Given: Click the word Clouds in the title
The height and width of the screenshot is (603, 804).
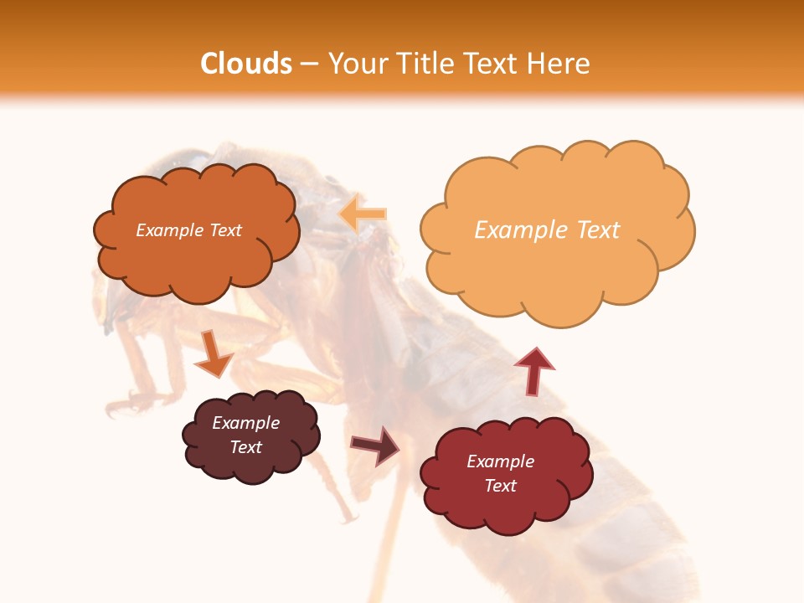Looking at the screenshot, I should (246, 64).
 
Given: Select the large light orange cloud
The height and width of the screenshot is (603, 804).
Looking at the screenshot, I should (553, 251).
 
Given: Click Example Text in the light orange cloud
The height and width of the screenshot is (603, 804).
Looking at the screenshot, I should (547, 229).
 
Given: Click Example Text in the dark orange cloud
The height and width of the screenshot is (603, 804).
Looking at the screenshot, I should (188, 230).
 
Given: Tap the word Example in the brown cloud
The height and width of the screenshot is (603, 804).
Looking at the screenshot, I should (245, 423).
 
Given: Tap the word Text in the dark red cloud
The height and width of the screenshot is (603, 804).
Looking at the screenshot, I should (500, 486).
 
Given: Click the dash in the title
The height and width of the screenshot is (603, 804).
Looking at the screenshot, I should (309, 64).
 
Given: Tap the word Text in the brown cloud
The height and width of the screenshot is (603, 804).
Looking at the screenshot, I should (245, 447).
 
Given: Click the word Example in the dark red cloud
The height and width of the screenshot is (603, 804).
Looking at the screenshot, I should (500, 461).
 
